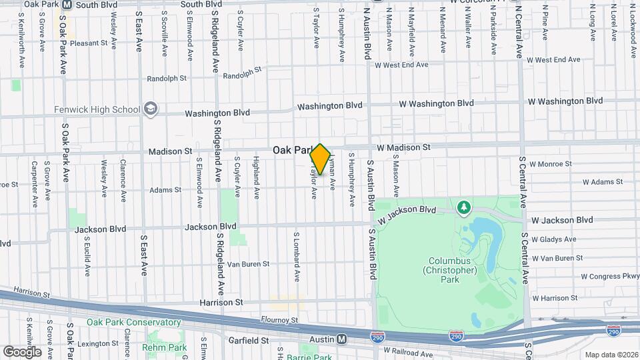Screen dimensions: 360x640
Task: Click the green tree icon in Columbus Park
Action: click(x=463, y=208)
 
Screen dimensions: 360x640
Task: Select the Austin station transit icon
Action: click(x=342, y=339)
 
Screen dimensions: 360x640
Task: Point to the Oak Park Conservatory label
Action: click(x=133, y=322)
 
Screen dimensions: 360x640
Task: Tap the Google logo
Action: click(x=22, y=351)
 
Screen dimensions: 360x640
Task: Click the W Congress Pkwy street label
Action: click(x=610, y=275)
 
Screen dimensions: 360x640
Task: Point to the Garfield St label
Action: click(x=245, y=340)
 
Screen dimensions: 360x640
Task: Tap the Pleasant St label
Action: click(x=89, y=43)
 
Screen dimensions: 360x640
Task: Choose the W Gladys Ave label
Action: click(x=554, y=239)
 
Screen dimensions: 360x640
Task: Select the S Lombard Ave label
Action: click(x=297, y=256)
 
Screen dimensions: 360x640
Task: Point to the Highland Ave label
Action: click(x=257, y=178)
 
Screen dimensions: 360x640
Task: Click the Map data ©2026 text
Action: click(x=611, y=355)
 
